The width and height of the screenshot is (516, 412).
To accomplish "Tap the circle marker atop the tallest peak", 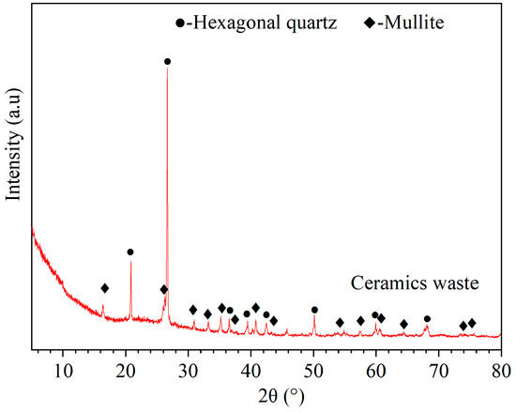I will pyautogui.click(x=167, y=62).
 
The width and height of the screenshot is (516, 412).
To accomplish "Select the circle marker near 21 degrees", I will pyautogui.click(x=130, y=252).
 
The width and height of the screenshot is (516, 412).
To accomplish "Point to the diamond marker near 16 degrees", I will pyautogui.click(x=104, y=288).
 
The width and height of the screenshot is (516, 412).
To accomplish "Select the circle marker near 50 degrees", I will pyautogui.click(x=314, y=310).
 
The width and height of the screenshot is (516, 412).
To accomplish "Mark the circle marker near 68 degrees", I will pyautogui.click(x=427, y=319).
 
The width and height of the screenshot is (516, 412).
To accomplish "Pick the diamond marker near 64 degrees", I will pyautogui.click(x=403, y=324).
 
